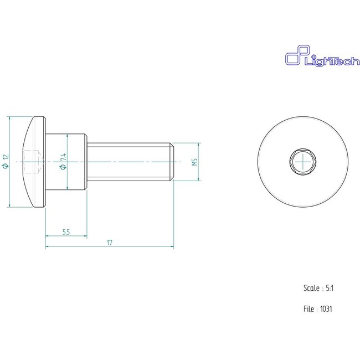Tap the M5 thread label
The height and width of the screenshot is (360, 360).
[x=194, y=162]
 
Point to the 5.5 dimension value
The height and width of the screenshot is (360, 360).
[x=65, y=232]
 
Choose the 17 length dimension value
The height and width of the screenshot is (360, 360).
[x=110, y=243]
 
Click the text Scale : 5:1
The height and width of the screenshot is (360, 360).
[x=318, y=288]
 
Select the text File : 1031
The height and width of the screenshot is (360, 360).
[x=317, y=309]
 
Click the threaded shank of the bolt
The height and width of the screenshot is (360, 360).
[x=130, y=162]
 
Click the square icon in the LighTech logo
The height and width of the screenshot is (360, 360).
[x=293, y=59]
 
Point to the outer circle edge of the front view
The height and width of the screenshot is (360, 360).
[x=258, y=162]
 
